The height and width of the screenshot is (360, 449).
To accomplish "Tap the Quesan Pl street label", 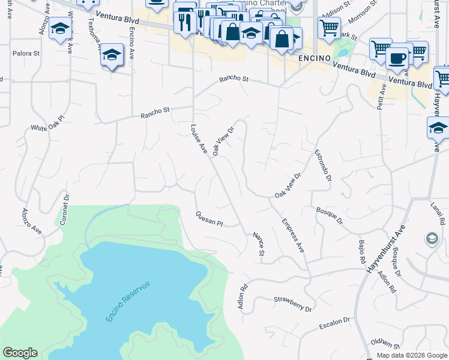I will (x=209, y=218).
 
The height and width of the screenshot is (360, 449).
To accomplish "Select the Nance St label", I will (x=259, y=244).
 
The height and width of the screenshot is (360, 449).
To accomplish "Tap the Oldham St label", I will (x=385, y=344).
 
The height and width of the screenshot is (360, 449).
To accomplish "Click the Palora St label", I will (x=27, y=53).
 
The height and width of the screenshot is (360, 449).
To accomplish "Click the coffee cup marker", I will (x=397, y=59).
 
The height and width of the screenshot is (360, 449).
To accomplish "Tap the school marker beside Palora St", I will (x=112, y=55).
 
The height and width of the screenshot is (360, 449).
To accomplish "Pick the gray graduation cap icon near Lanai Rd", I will (x=432, y=239).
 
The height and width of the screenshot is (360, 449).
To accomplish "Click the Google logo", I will (x=20, y=353).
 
